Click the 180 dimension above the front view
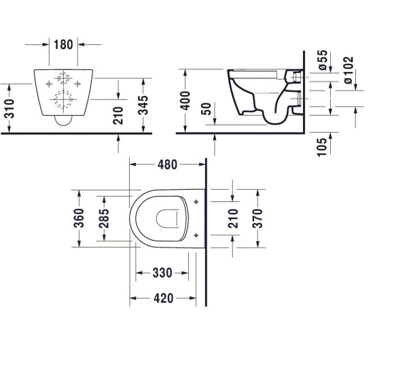coord(62,44)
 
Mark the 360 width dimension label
coord(80,218)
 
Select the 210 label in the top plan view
coord(232,218)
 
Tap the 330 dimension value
coord(162,273)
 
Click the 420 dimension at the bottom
coord(162,298)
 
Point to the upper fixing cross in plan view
coord(196,202)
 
